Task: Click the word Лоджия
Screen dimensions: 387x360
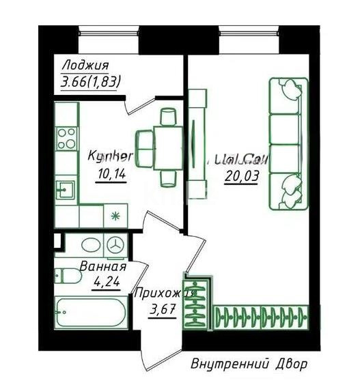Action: [x=85, y=66]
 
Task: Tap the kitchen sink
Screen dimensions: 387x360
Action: [x=66, y=188]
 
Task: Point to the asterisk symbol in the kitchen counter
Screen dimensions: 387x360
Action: [x=115, y=216]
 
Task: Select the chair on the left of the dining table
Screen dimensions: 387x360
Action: [x=146, y=145]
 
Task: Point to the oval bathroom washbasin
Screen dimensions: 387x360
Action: [x=89, y=244]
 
